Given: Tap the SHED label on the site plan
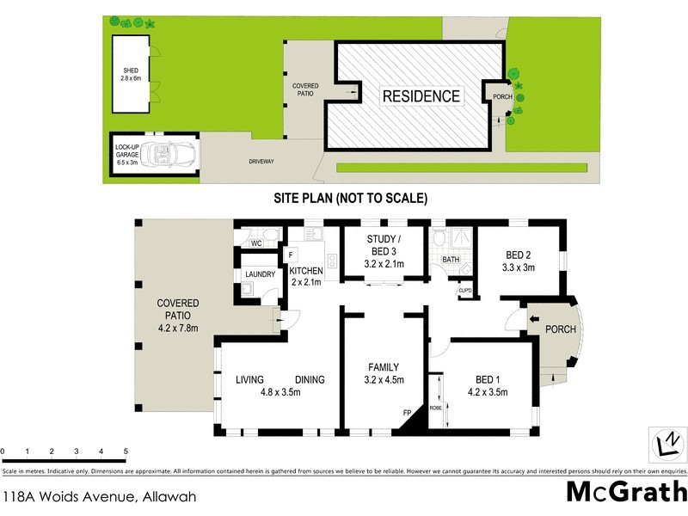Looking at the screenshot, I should (131, 71).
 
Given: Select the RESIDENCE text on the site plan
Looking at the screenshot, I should (421, 96).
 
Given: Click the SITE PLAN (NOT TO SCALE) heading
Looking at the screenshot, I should (350, 198).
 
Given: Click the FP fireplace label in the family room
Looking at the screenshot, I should (408, 413).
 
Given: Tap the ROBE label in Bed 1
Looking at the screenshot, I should (435, 407).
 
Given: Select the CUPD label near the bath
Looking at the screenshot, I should (465, 290).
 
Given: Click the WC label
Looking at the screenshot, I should (255, 243).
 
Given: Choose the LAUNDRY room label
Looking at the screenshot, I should (260, 274).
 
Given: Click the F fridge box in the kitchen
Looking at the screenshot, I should (292, 255).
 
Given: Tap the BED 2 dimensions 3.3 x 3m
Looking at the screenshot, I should (519, 267).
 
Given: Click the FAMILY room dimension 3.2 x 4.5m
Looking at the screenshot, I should (384, 379).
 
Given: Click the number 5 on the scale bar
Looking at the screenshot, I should (126, 451).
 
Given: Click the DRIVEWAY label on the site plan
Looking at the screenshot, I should (261, 161).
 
